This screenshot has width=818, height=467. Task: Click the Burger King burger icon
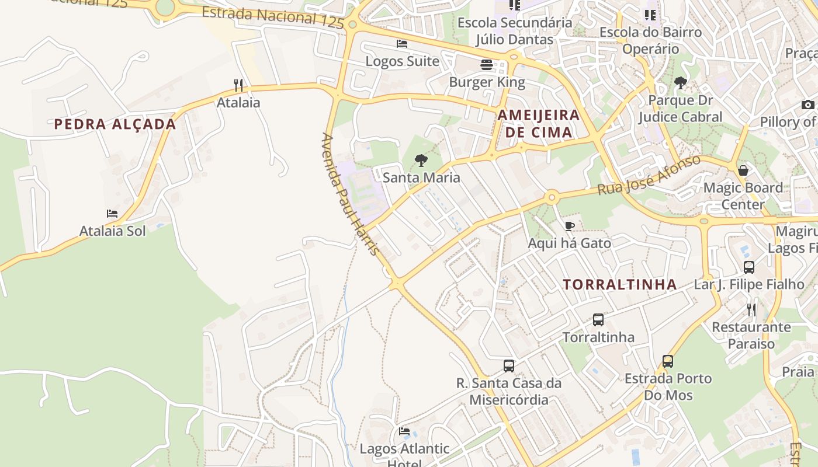(x=487, y=65)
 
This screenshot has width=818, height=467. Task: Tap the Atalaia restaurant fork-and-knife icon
(x=238, y=85)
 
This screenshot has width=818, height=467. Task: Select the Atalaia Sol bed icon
(x=112, y=214)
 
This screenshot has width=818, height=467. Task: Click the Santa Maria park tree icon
(x=421, y=160)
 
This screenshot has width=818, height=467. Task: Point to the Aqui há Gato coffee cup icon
(x=570, y=226)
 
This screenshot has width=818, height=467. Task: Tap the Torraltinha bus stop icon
(x=598, y=320)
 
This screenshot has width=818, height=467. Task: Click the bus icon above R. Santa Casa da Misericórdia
(x=509, y=366)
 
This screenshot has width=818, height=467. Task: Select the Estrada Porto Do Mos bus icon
(x=668, y=361)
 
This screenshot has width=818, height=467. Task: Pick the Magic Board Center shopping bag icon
(x=743, y=170)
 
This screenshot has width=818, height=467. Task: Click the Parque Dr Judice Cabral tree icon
(x=680, y=83)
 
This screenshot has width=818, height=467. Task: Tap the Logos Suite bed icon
(x=402, y=44)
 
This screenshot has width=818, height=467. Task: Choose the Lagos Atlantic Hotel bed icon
(x=404, y=431)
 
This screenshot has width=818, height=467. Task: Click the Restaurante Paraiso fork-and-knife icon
(x=751, y=309)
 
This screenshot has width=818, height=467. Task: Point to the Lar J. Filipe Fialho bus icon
(x=749, y=267)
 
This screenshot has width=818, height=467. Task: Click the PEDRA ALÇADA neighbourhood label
(x=115, y=124)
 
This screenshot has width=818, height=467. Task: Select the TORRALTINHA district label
(x=620, y=285)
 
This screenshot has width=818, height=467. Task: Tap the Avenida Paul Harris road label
(x=350, y=194)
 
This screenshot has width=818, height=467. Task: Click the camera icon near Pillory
(x=808, y=104)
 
